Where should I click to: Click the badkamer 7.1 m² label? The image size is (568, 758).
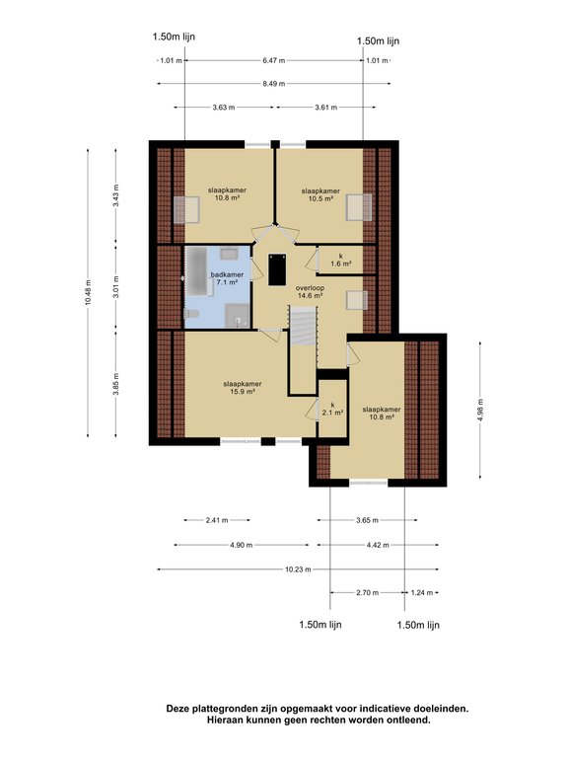click(227, 278)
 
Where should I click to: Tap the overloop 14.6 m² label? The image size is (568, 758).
click(310, 291)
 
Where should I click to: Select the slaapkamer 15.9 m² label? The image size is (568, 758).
click(243, 388)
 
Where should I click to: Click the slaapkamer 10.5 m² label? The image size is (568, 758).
click(320, 194)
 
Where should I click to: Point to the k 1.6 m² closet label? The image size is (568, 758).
click(340, 260)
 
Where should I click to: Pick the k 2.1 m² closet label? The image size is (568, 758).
click(332, 409)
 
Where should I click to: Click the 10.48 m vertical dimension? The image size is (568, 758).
click(88, 293)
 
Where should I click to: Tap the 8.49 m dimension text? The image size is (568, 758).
click(274, 84)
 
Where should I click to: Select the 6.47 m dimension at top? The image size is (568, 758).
click(274, 60)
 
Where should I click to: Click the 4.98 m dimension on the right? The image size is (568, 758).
click(480, 410)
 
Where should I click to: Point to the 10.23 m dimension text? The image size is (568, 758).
click(298, 569)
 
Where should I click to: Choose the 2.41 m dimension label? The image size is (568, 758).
click(217, 520)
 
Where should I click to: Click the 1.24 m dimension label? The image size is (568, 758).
click(422, 592)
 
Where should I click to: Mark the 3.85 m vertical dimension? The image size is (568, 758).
click(116, 384)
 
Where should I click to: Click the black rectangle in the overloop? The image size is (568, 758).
click(277, 269)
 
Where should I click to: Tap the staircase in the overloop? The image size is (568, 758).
click(303, 326)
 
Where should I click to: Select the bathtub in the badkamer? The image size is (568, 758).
click(196, 270)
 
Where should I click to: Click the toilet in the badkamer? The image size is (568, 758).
click(191, 314)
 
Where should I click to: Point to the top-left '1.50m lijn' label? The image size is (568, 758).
click(174, 37)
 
